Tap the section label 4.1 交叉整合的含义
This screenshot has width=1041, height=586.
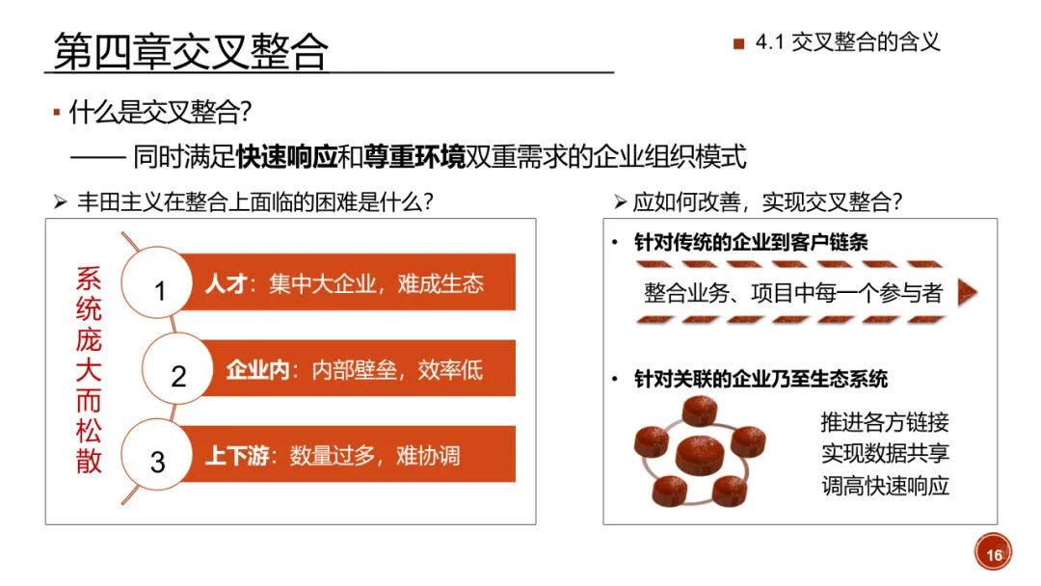point(847,41)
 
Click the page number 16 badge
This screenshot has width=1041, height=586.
point(994,554)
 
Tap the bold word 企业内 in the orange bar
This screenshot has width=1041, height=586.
point(257,370)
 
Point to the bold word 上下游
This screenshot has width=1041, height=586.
point(237,455)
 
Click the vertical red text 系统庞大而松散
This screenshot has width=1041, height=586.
point(89,371)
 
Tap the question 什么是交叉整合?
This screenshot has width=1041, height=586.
point(160,113)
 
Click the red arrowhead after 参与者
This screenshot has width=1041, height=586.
point(968,293)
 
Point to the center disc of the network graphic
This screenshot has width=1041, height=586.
point(699,453)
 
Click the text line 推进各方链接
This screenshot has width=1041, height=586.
point(885,422)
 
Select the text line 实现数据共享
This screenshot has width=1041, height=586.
point(885,453)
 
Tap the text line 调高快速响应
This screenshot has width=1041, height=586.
point(885,485)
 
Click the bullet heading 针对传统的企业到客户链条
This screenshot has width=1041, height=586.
point(751,242)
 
